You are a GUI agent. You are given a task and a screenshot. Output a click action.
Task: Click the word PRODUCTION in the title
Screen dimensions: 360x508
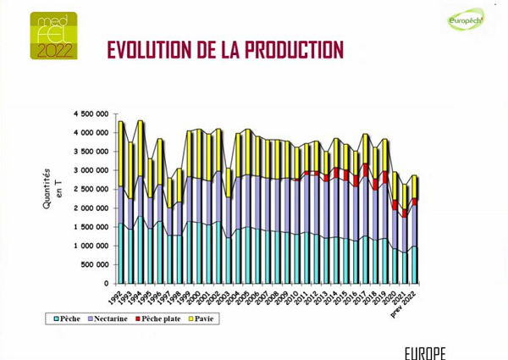click(293, 51)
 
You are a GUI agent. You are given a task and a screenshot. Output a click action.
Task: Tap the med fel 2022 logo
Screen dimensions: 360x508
click(53, 36)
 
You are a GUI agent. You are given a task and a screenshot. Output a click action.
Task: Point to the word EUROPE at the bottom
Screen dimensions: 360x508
click(424, 352)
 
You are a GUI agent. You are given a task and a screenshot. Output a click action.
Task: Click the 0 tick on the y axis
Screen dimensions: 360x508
click(107, 284)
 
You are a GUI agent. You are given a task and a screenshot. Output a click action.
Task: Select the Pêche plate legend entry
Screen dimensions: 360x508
click(161, 319)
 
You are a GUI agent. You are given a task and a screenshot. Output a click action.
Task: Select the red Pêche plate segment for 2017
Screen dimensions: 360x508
click(365, 170)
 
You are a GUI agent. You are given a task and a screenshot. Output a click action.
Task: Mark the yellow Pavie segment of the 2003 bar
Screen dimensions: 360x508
click(228, 183)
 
